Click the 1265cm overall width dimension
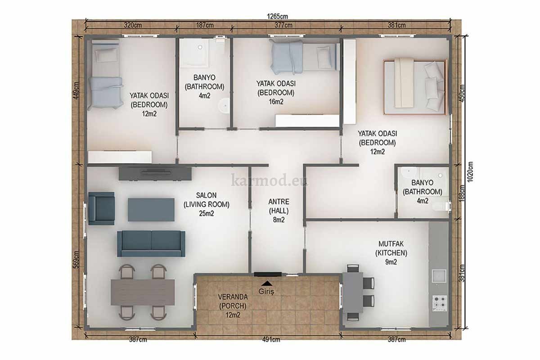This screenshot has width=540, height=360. click(277, 16)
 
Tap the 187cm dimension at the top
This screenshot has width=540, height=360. click(205, 25)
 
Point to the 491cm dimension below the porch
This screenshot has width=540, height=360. click(271, 339)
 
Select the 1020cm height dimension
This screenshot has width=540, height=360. click(470, 172)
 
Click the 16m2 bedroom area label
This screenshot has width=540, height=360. click(276, 102)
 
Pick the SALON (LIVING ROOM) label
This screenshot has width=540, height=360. click(207, 200)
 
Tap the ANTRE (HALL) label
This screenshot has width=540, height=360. click(279, 206)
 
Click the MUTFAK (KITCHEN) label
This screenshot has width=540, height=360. click(391, 248)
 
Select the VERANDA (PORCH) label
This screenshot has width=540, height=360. click(233, 301)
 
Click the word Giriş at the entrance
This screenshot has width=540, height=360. click(266, 292)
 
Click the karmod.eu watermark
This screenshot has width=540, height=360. click(270, 180)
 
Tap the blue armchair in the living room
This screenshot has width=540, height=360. click(101, 208)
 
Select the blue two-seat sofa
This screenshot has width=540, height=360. click(151, 243)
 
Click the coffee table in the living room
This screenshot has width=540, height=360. click(151, 210)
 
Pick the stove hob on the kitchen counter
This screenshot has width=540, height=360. click(439, 303)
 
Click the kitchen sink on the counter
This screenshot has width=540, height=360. click(439, 276)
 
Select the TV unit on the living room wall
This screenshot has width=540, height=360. click(155, 174)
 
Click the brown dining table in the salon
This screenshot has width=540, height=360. click(143, 292)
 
